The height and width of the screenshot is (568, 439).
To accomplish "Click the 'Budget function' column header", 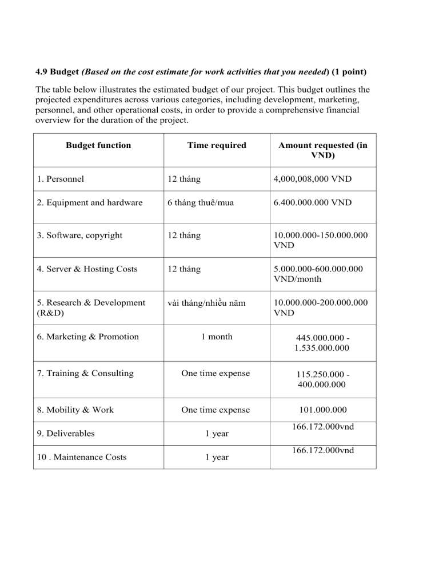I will coord(98,145).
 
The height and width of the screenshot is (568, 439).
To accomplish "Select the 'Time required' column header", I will coord(217,145).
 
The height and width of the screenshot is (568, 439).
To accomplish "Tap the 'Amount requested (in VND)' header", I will coord(322,150).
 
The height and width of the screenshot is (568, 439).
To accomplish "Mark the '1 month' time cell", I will coord(217,337).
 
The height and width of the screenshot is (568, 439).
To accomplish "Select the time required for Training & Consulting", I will coord(217,373).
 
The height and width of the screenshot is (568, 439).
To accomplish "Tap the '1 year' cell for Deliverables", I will coord(217,434).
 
